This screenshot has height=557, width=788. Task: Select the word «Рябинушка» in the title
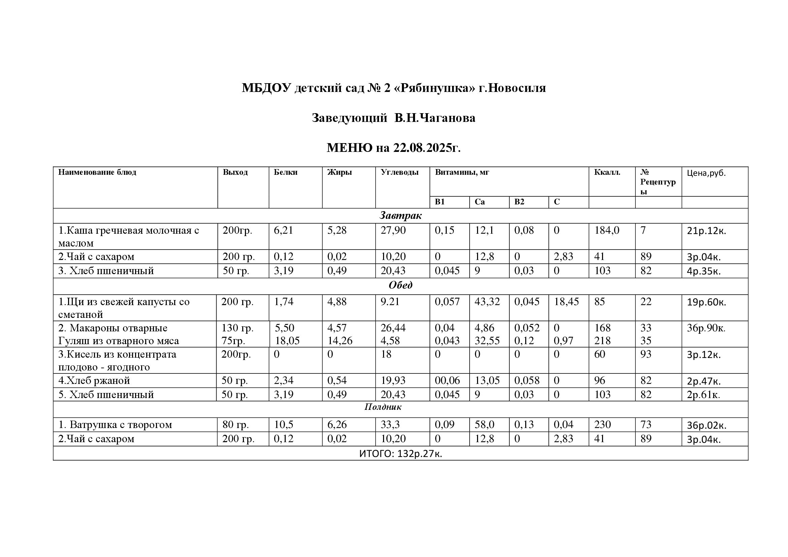pos(436,88)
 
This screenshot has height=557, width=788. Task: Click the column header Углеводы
pos(400,172)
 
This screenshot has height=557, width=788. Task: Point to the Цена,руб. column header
pos(706,173)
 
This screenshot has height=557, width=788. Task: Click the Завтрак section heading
pos(400,216)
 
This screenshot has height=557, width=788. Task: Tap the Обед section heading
pos(400,285)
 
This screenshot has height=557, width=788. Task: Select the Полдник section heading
pos(383,407)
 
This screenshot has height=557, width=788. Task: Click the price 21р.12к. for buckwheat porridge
pos(706,231)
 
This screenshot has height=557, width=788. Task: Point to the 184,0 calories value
pos(607,230)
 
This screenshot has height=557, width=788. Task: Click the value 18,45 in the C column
pos(566,302)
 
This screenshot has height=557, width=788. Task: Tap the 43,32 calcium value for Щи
pos(487,302)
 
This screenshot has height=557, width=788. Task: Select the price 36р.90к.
pos(706,328)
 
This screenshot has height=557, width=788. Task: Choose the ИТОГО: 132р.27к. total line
pos(401,454)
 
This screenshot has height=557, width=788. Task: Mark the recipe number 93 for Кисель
pos(645,354)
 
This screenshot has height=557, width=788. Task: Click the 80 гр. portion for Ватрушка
pos(235,425)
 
